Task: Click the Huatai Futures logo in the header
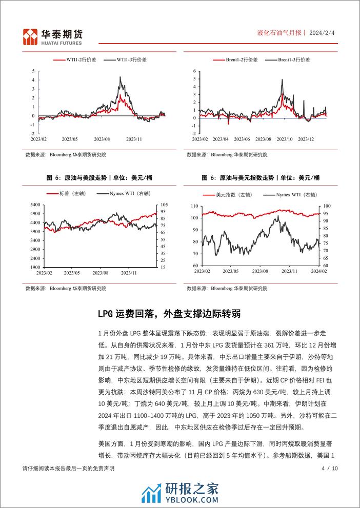[53, 35]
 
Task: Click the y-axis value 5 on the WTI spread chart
[33, 71]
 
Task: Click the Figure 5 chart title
[99, 177]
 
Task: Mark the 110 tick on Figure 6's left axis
[194, 206]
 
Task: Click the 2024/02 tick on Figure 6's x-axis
[319, 271]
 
